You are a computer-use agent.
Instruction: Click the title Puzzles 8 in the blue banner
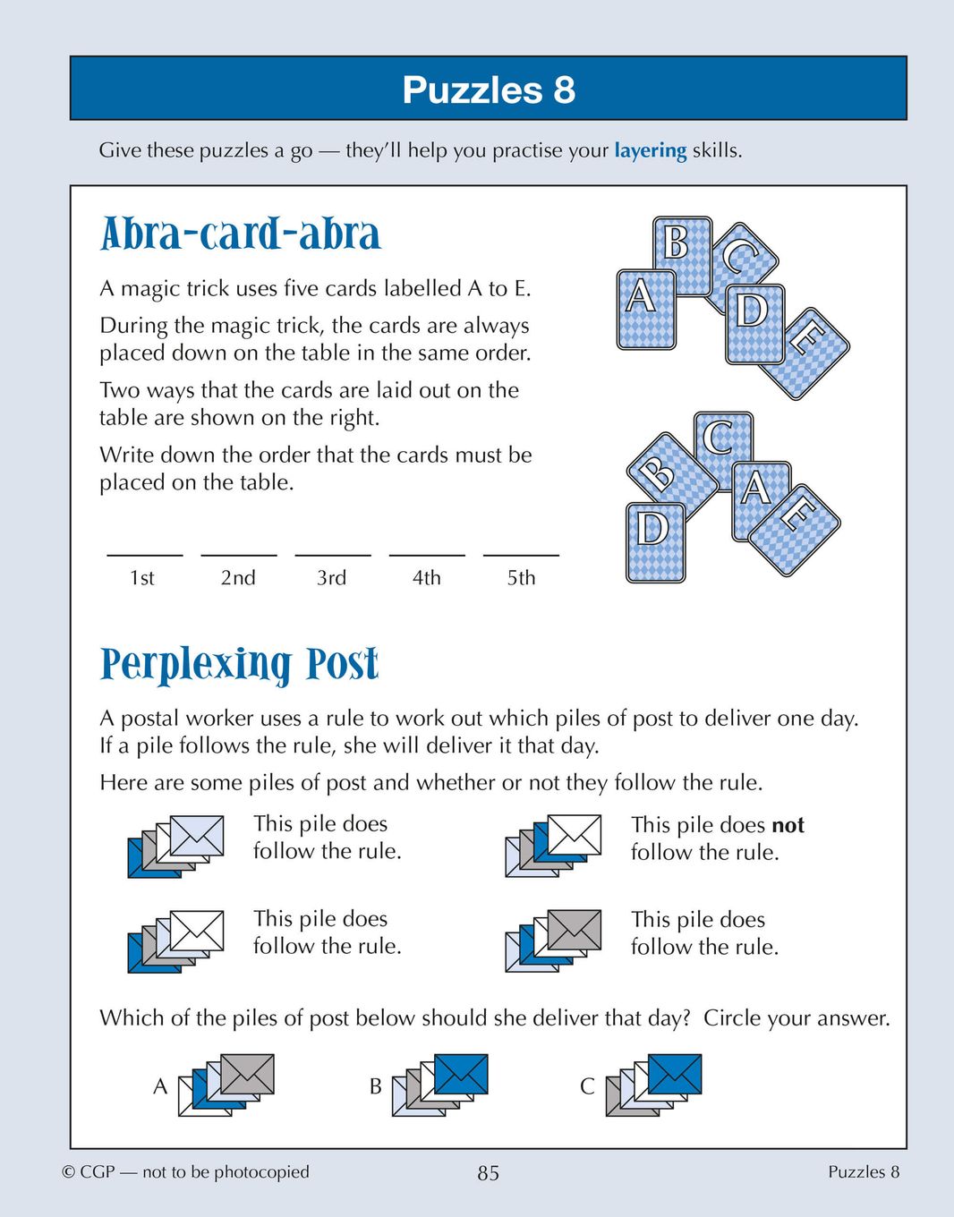tap(488, 89)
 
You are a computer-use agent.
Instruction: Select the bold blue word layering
tap(650, 150)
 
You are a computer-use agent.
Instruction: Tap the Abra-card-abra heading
tap(240, 234)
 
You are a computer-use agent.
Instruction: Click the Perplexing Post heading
tap(239, 665)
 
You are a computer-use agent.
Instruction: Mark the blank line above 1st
tap(144, 554)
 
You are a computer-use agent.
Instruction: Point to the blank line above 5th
tap(521, 554)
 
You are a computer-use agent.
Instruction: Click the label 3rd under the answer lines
tap(331, 578)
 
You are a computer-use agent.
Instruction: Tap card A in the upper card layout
tap(643, 309)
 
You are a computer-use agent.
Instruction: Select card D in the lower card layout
tap(653, 542)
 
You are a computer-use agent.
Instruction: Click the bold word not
tap(788, 825)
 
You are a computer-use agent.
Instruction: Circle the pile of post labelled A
tap(226, 1085)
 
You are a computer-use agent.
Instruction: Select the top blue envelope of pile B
tap(461, 1074)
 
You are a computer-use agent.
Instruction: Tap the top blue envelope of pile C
tap(674, 1074)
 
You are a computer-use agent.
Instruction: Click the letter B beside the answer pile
tap(376, 1086)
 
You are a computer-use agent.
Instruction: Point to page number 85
tap(488, 1173)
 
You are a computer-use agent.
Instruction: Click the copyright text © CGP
tap(89, 1172)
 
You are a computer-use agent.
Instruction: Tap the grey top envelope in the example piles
tap(574, 930)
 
